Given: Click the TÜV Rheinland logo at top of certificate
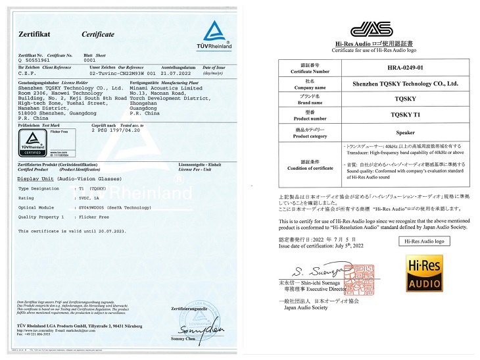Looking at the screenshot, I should [213, 33].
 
